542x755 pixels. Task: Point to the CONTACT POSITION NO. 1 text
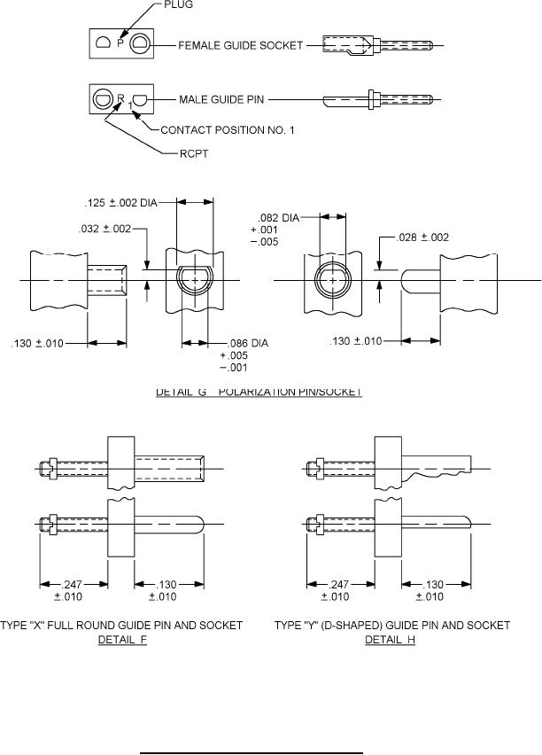point(227,130)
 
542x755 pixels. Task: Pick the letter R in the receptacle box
point(121,97)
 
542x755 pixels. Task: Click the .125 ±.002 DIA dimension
point(132,203)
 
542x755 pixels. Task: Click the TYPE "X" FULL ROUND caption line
point(123,626)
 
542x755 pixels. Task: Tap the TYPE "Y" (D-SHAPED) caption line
point(391,626)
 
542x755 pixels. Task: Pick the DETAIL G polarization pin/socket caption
point(259,392)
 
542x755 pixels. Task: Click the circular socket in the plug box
point(140,43)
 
